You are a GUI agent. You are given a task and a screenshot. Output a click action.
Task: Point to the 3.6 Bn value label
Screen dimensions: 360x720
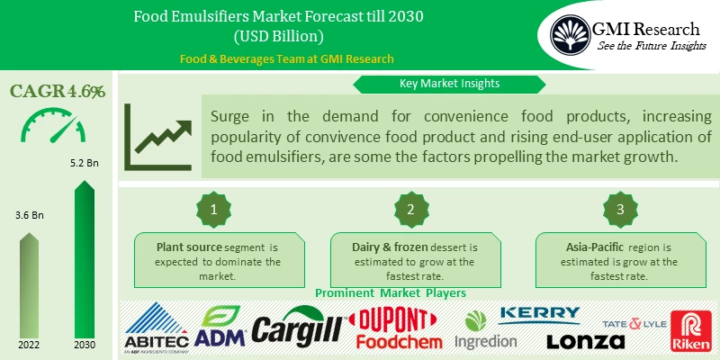[30, 216]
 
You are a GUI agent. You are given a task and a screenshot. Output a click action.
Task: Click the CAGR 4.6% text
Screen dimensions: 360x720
[58, 91]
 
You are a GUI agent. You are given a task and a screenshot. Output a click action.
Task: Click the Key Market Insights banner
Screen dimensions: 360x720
[450, 84]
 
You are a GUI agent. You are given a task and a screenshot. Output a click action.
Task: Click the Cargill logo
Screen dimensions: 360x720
[297, 330]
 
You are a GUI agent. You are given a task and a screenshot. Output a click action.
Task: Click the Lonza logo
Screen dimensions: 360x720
[585, 341]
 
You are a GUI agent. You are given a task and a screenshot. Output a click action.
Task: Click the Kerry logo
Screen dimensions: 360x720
[539, 314]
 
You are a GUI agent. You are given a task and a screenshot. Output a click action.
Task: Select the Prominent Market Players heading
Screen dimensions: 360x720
[389, 292]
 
